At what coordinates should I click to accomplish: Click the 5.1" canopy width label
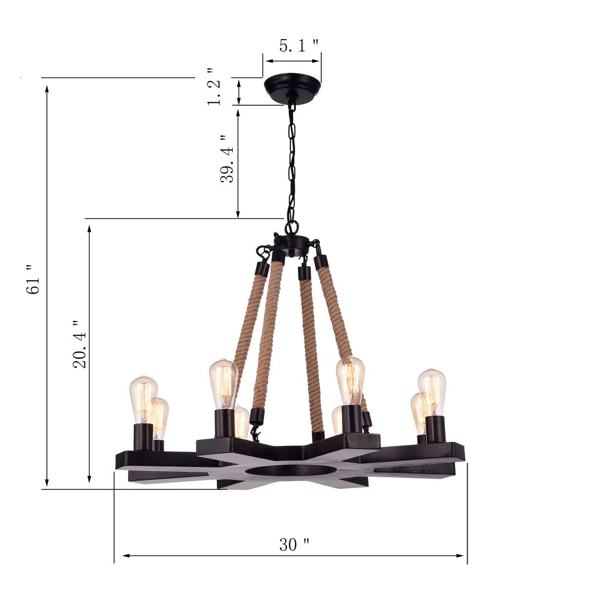click(298, 46)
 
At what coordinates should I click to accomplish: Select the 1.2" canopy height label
click(213, 87)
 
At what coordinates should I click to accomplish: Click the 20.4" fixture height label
click(80, 344)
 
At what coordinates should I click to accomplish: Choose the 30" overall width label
click(295, 545)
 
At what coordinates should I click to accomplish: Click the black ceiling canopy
click(292, 85)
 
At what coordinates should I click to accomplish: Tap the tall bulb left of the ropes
click(223, 383)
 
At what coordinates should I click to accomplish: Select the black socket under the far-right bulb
click(436, 429)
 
